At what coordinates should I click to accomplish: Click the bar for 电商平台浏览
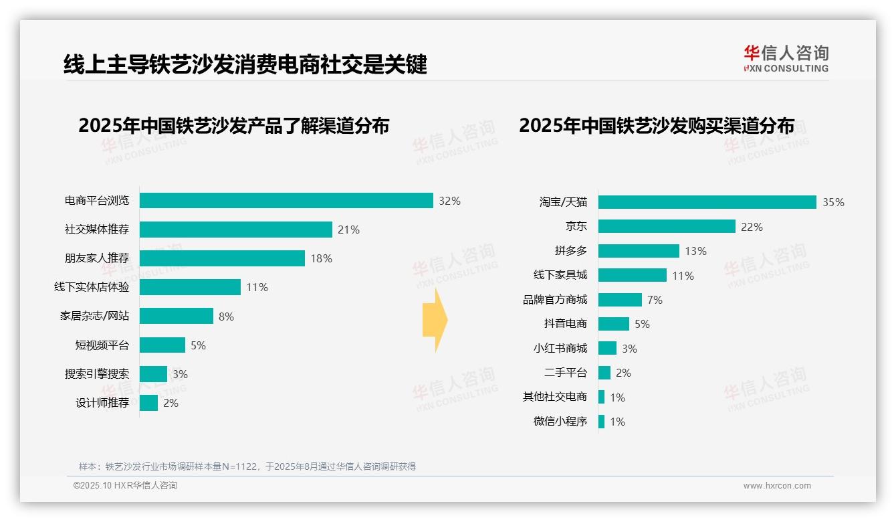click(286, 201)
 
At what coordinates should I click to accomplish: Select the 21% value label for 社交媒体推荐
click(348, 230)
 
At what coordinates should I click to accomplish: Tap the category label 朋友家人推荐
click(96, 258)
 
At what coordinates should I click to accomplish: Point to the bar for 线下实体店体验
click(190, 287)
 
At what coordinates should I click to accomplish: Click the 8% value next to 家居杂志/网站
click(226, 317)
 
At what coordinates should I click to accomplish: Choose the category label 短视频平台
click(102, 345)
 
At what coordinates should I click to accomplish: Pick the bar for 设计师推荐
click(148, 403)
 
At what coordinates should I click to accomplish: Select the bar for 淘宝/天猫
click(707, 202)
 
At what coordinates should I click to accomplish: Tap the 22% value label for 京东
click(752, 227)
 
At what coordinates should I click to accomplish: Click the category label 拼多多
click(570, 251)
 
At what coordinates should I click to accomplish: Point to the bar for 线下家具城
click(632, 275)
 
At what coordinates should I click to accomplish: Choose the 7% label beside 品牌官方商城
click(655, 300)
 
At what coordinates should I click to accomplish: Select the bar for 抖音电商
click(613, 324)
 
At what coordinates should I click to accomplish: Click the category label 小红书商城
click(560, 348)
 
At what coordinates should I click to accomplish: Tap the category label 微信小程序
click(560, 422)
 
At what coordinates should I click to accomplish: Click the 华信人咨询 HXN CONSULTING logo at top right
click(786, 59)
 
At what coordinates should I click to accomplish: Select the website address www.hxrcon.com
click(777, 486)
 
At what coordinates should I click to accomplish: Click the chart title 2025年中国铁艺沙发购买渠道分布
click(657, 126)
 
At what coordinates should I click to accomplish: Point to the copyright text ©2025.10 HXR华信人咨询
click(125, 486)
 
